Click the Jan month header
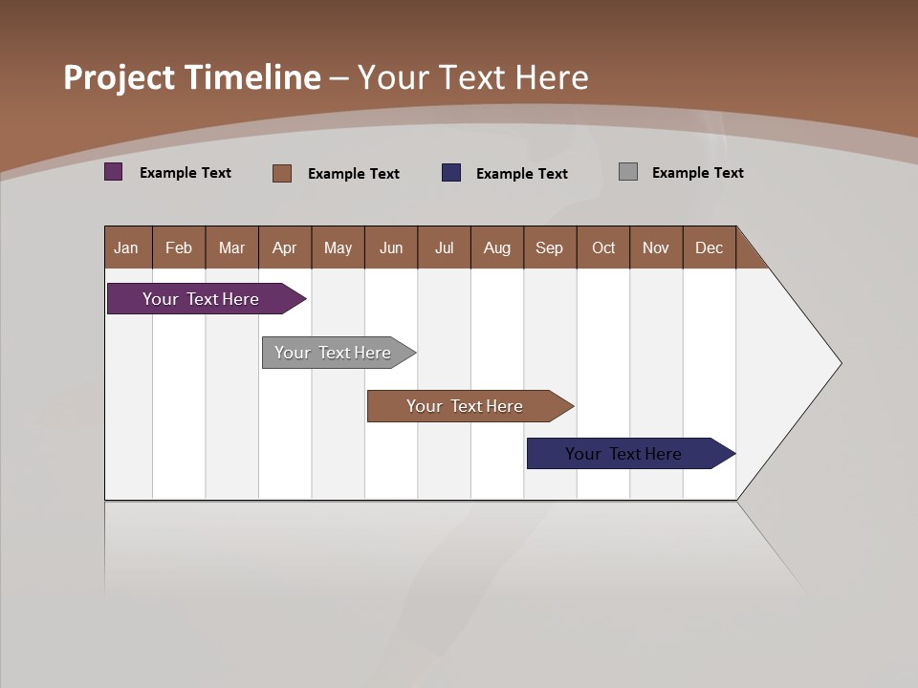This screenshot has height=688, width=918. coord(127,247)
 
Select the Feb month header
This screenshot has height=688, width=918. coord(179,247)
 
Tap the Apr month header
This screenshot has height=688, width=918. coord(285,247)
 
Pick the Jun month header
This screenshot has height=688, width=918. coord(391,247)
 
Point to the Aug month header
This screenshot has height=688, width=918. coord(497,247)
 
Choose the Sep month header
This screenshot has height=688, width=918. coord(550,247)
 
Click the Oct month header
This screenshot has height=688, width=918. coord(603,247)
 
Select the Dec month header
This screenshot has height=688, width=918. coord(710,247)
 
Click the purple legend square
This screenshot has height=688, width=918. coord(114,172)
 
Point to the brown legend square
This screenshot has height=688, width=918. coord(282,173)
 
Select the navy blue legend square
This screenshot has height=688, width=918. coord(451,173)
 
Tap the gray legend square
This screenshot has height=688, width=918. coord(628,172)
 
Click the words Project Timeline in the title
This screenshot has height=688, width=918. coord(192,77)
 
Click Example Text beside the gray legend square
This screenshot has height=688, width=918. coord(697,173)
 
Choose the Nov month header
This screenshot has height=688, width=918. coord(656,247)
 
